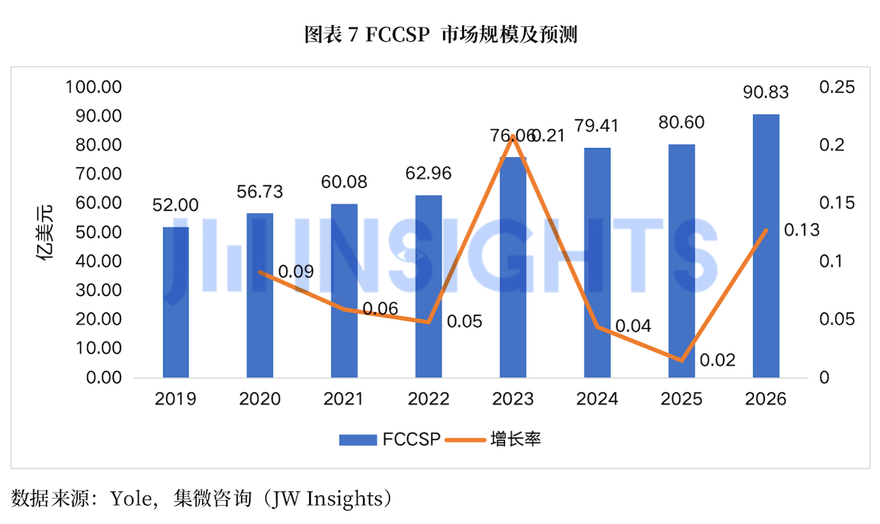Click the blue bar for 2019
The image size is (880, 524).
click(176, 302)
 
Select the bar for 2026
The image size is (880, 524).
click(766, 246)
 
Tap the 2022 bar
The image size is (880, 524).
click(428, 286)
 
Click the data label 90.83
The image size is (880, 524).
click(766, 92)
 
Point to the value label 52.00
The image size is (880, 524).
click(176, 205)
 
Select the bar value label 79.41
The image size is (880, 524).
click(597, 126)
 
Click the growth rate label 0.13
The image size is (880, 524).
click(802, 230)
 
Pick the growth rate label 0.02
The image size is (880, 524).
click(717, 360)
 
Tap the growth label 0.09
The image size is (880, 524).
click(296, 272)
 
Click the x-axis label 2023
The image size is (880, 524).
click(512, 399)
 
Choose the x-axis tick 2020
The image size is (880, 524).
click(260, 399)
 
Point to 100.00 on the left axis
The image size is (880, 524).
click(94, 87)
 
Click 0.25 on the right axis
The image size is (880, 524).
click(836, 87)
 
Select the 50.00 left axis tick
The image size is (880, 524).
click(99, 232)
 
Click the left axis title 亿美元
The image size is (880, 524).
click(45, 232)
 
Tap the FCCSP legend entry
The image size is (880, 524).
click(389, 439)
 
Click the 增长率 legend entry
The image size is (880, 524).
click(493, 439)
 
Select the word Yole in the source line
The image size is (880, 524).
click(131, 498)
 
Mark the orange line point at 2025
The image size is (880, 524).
click(681, 361)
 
